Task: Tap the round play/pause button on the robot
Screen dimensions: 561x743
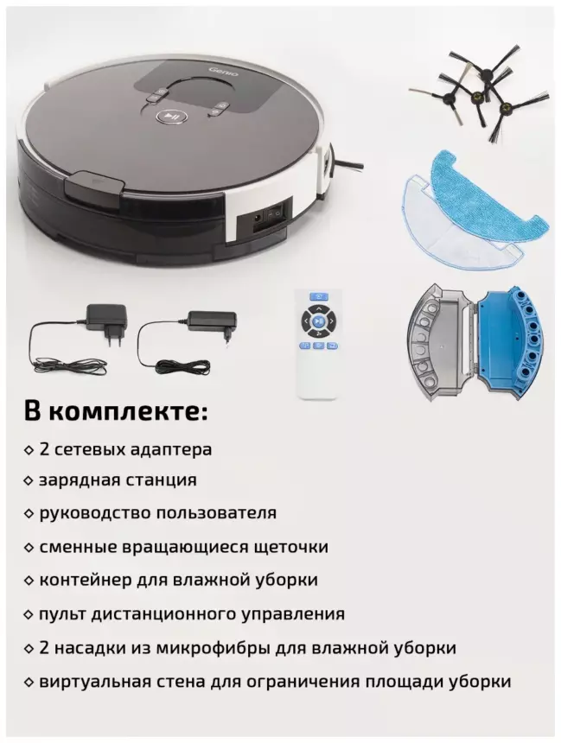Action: coord(170,116)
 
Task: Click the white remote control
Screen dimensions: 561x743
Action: coord(318,343)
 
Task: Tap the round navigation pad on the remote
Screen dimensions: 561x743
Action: coord(318,321)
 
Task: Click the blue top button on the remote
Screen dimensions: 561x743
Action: coord(318,296)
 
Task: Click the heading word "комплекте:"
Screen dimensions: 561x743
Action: coord(129,411)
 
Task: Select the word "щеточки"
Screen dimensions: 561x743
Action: coord(291,547)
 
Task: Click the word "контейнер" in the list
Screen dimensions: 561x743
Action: coord(86,580)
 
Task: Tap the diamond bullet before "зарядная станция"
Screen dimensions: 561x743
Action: coord(29,480)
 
